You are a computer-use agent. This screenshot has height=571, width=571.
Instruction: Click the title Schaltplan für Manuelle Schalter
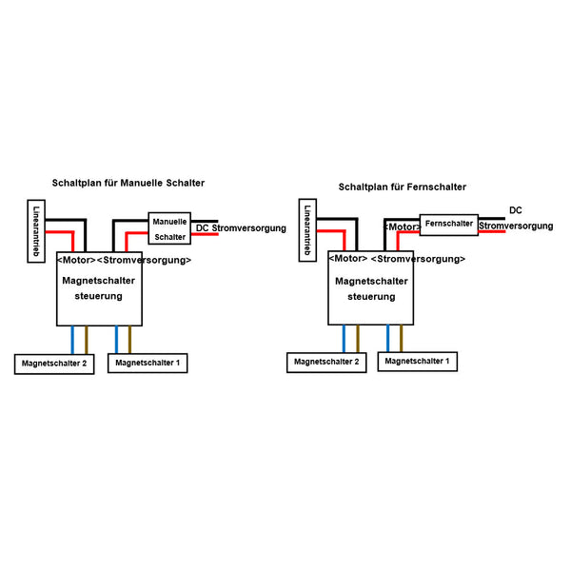point(128,182)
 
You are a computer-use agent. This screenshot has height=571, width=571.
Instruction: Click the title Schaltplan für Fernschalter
point(402,187)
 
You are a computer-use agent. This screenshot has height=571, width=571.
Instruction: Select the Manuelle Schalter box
point(169,228)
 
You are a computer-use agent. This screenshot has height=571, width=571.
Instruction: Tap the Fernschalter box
point(449,225)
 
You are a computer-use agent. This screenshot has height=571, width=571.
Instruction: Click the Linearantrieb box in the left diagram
point(36,231)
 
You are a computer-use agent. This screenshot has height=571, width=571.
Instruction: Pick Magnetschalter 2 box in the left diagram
point(54,364)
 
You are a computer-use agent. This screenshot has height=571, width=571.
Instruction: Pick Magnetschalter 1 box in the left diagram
point(148,364)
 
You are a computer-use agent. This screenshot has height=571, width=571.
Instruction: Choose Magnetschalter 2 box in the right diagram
point(326,362)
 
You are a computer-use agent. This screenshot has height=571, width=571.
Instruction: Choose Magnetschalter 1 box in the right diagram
point(418,362)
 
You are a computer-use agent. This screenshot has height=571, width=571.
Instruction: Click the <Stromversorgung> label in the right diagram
point(418,259)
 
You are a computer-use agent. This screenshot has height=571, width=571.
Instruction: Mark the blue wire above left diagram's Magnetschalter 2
point(72,339)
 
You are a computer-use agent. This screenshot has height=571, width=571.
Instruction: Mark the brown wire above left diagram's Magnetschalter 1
point(130,339)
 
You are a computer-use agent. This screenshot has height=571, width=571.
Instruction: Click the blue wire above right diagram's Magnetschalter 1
point(388,338)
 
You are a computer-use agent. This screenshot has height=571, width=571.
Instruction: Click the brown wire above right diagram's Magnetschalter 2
point(358,338)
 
